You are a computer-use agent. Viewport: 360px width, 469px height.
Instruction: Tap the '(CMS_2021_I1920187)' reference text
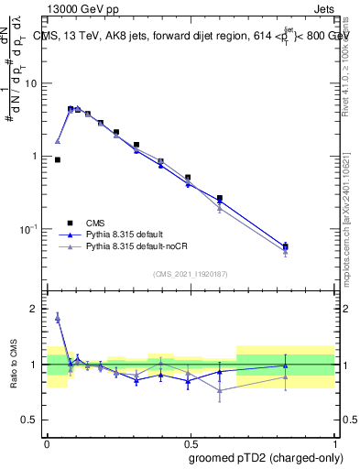[191, 272]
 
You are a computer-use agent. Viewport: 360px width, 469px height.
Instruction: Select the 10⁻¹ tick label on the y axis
[30, 228]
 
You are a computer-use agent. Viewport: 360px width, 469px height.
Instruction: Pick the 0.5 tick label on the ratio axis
[32, 420]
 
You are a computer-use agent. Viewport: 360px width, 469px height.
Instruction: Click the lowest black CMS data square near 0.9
[58, 159]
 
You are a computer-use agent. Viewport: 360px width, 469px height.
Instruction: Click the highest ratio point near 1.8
[58, 318]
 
